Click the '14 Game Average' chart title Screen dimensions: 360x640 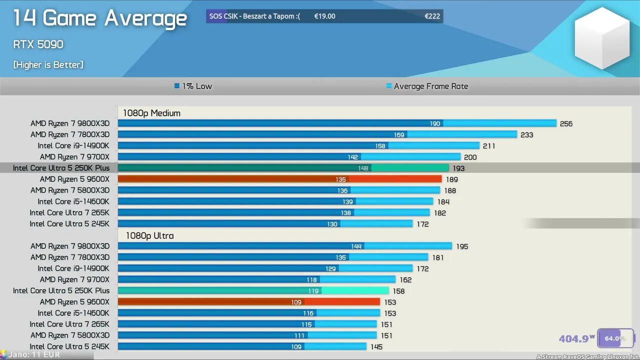click(x=99, y=18)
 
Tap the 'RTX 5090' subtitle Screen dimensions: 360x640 click(x=38, y=44)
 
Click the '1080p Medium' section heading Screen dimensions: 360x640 click(x=151, y=113)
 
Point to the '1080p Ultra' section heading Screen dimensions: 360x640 click(x=149, y=235)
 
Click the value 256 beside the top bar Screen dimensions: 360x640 click(x=566, y=124)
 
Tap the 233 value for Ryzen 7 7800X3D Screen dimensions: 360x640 click(x=526, y=135)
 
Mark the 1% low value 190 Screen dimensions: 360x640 click(x=435, y=123)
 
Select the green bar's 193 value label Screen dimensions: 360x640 click(x=458, y=168)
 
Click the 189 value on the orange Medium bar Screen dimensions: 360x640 click(x=451, y=179)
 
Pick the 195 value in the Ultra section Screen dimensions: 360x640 click(x=462, y=246)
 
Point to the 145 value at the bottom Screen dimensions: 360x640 click(x=376, y=347)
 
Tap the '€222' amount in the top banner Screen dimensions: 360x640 click(x=432, y=16)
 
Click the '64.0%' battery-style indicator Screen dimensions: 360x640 click(x=615, y=338)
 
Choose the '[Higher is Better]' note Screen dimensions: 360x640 click(x=48, y=64)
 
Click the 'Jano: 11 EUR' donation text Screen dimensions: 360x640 click(x=33, y=354)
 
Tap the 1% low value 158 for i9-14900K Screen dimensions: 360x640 click(x=380, y=146)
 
